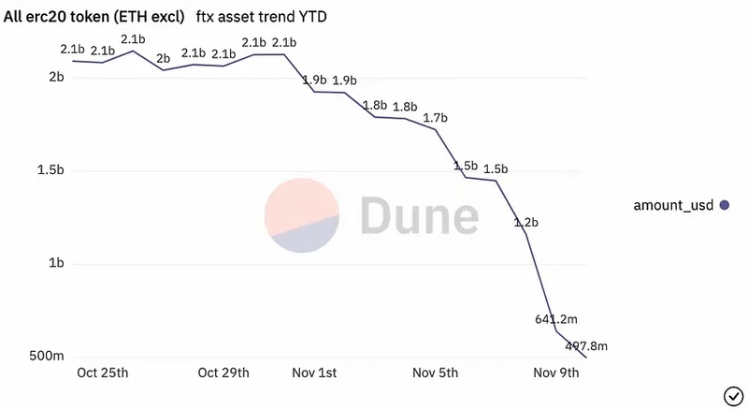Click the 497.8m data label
coord(586,346)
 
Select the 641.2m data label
coord(555,318)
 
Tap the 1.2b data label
coord(525,223)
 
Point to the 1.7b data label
coord(436,118)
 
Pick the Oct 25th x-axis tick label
coord(102,373)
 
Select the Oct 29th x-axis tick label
coord(223,373)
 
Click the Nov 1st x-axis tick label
coord(315,373)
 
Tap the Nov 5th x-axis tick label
coord(436,373)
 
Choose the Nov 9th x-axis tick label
coord(557,373)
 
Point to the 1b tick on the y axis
coord(55,264)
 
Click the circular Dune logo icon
coord(299,215)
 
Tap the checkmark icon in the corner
coord(731,393)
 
